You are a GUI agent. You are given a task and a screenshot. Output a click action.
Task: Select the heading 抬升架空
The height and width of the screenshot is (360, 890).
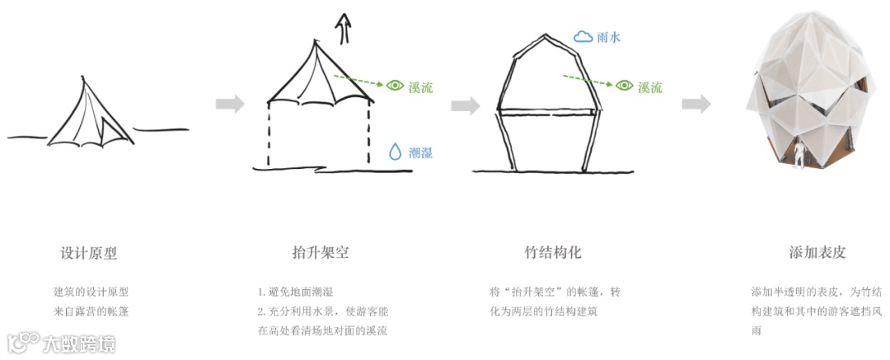click(x=315, y=253)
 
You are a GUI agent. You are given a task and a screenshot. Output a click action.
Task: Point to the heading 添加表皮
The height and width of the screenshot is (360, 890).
click(x=817, y=253)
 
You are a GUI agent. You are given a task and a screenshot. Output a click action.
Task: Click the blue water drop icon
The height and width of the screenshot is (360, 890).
click(x=396, y=152)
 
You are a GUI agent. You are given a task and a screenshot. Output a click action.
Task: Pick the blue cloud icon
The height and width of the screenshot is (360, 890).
click(x=583, y=36)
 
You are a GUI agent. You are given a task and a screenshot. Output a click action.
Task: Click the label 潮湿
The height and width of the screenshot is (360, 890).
click(x=420, y=152)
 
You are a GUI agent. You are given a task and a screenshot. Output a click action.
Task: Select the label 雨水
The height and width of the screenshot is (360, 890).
click(x=608, y=37)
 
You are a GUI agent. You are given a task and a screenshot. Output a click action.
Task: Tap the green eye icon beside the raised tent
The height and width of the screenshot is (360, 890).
click(x=396, y=86)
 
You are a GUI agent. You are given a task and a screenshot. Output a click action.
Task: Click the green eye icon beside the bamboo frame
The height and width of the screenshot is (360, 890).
click(x=625, y=86)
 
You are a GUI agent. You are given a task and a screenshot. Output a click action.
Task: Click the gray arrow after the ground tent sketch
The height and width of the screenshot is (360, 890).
click(x=230, y=104)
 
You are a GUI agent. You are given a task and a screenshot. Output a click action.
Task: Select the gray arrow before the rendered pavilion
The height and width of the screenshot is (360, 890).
click(x=696, y=104)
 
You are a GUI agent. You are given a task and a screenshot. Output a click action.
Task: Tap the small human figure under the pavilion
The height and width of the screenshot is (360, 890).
click(x=799, y=155)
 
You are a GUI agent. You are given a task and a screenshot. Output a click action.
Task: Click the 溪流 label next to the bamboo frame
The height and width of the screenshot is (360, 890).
click(x=650, y=86)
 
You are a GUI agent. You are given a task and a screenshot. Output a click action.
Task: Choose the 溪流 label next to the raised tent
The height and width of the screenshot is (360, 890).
click(x=420, y=86)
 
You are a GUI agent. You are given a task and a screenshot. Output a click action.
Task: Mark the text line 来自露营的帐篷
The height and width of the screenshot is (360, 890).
click(x=91, y=311)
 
